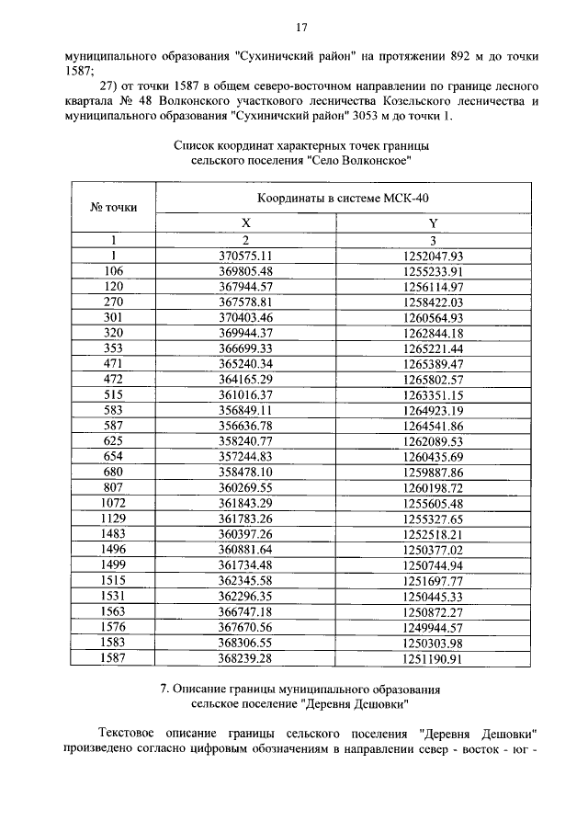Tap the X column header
pyautogui.click(x=245, y=223)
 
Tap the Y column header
pyautogui.click(x=433, y=223)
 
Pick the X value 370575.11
pyautogui.click(x=245, y=256)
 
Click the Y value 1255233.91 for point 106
pyautogui.click(x=433, y=271)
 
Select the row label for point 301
pyautogui.click(x=113, y=317)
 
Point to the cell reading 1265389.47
pyautogui.click(x=433, y=364)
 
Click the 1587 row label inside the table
pyautogui.click(x=113, y=658)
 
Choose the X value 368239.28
pyautogui.click(x=245, y=658)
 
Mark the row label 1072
pyautogui.click(x=113, y=504)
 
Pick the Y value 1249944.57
pyautogui.click(x=433, y=628)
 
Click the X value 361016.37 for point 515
pyautogui.click(x=245, y=395)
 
